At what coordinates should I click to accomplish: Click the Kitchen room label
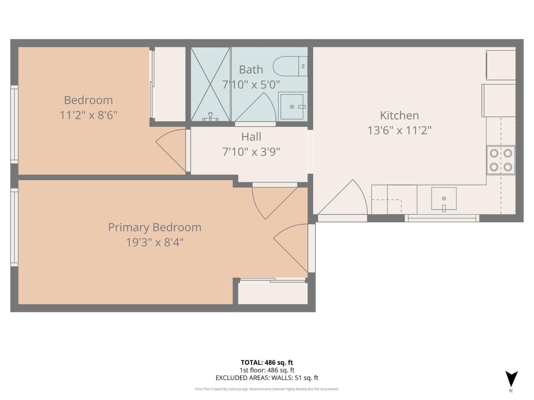click(x=399, y=115)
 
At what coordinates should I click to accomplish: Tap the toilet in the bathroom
click(x=289, y=66)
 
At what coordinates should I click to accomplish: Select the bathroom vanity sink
click(x=292, y=106)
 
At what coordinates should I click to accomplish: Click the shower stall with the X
click(x=210, y=84)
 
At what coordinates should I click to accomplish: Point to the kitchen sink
click(x=444, y=199)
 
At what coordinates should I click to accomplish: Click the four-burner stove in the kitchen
click(x=501, y=160)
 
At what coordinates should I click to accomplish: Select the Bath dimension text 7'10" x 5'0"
click(x=251, y=85)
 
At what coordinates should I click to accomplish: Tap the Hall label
click(x=251, y=137)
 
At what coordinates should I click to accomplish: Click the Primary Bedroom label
click(x=155, y=227)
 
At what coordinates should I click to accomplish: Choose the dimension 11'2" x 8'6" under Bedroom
click(x=88, y=115)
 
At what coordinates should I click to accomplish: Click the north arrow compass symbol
click(x=511, y=379)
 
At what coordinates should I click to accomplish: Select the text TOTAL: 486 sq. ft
click(x=267, y=362)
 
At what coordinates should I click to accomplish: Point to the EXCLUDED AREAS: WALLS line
click(x=267, y=378)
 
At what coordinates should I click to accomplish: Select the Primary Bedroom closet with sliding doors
click(x=273, y=292)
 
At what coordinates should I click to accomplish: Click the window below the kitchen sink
click(x=442, y=218)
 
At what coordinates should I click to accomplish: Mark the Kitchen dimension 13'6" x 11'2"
click(x=399, y=130)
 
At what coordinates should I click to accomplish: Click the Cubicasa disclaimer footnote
click(x=267, y=389)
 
